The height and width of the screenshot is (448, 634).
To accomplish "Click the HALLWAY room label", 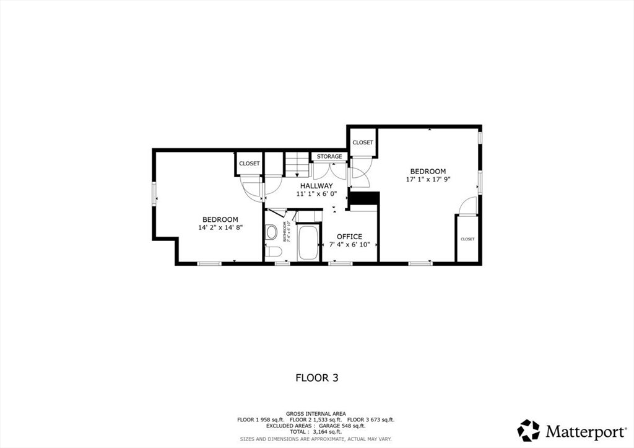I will (x=316, y=186).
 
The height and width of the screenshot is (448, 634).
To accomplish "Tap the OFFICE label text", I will (x=349, y=237).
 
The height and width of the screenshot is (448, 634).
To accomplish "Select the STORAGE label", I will (x=329, y=157).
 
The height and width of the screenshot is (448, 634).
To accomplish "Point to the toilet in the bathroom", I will (x=274, y=251).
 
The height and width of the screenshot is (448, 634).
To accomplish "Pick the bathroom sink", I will (x=271, y=232).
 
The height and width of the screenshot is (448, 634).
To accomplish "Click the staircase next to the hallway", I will (x=297, y=165).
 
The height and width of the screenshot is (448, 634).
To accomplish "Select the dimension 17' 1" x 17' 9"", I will (x=428, y=179).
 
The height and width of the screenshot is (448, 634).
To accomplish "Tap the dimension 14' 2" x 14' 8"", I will (x=220, y=227).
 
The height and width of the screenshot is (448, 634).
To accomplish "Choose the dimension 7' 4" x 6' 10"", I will (x=349, y=245).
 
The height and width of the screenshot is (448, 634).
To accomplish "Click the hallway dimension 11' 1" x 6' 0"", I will (x=316, y=194).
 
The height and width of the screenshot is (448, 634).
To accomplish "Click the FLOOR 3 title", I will (x=316, y=377).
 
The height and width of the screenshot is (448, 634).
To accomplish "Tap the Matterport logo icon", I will (x=528, y=430).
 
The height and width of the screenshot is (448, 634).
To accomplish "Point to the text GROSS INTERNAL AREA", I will (x=316, y=413).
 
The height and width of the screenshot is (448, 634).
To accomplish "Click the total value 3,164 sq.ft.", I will (x=329, y=432).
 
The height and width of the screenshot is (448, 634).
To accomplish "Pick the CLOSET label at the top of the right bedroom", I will (x=363, y=143).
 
